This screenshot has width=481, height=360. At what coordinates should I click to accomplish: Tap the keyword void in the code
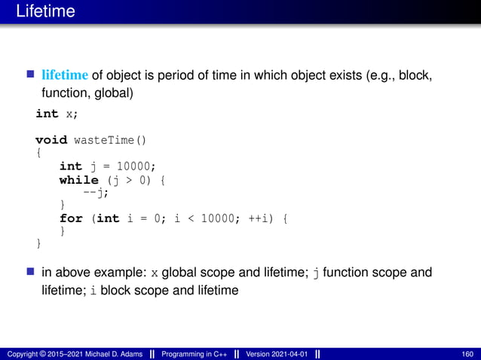point(51,139)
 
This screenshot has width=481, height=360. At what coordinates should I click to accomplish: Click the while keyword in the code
point(79,179)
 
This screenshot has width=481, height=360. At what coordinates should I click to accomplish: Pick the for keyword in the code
point(71,218)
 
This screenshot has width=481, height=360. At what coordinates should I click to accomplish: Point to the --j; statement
point(96,192)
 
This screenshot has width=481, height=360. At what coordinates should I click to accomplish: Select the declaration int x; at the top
point(57,113)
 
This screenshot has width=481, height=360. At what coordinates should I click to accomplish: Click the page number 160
point(466,354)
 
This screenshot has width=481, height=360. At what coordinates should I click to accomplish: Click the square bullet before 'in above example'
point(31,271)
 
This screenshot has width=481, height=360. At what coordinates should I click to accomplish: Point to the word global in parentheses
point(116,93)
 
